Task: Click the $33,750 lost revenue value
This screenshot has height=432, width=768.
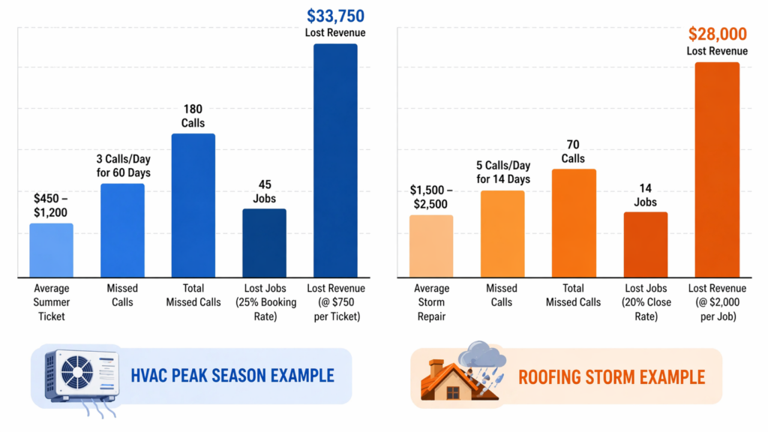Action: coord(335,16)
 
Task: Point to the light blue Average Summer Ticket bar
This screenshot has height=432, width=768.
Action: coord(51,250)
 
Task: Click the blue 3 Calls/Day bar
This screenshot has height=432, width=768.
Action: coord(122,230)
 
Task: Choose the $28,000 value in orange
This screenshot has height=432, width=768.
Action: coord(717,34)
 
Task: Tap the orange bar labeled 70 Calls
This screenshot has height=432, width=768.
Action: coord(574,223)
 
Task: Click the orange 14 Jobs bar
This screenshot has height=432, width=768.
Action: coord(645,244)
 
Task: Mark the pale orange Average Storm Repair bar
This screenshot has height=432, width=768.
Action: coord(431,246)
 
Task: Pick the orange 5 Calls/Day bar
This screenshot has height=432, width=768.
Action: coord(502,234)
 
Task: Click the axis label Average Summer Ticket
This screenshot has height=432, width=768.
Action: coord(51,302)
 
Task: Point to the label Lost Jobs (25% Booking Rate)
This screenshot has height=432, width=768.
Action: coord(264,302)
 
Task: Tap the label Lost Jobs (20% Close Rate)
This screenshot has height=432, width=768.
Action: coord(645,302)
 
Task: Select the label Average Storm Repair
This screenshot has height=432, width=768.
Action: coord(431,302)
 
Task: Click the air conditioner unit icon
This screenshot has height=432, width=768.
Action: coord(81,377)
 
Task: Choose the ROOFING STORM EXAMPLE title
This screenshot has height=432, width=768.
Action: coord(611,376)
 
